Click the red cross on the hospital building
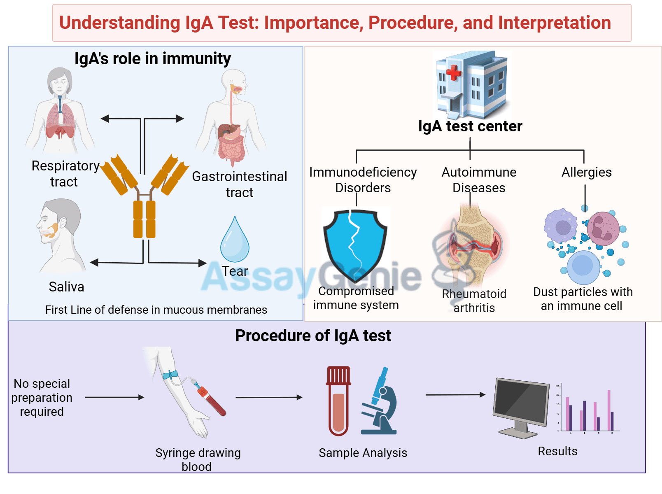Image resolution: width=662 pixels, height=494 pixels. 454,72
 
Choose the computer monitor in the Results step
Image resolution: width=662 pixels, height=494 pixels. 521,406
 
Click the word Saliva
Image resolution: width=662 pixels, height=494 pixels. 66,287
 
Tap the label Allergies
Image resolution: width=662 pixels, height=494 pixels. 587,172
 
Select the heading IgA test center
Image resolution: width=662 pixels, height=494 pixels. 470,126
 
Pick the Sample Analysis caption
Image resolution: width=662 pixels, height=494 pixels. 363,453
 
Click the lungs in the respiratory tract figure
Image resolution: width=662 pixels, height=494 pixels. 60,119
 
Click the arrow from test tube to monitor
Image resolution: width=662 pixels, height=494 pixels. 455,395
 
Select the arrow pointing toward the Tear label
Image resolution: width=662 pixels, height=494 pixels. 177,262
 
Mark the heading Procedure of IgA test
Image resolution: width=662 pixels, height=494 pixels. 313,336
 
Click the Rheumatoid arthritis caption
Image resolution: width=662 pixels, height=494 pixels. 474,301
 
